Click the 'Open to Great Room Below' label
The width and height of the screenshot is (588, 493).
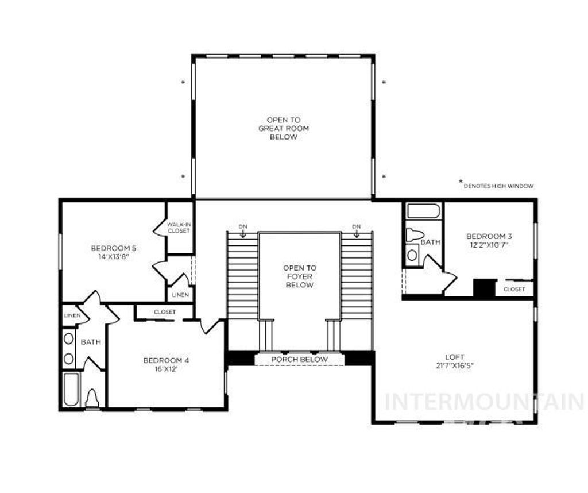tap(283, 129)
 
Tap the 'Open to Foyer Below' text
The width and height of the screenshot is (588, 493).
tap(299, 276)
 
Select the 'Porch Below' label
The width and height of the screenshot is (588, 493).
tap(300, 360)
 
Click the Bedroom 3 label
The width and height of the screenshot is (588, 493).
tap(489, 236)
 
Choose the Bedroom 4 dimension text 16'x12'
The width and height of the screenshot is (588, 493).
tap(165, 369)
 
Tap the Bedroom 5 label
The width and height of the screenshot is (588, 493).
tap(114, 248)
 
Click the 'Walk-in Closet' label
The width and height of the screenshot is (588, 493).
tap(179, 228)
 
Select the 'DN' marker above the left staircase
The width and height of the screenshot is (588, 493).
tap(243, 226)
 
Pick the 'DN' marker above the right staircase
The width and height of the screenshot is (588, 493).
tap(357, 226)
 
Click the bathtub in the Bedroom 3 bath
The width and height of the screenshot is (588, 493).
tap(424, 210)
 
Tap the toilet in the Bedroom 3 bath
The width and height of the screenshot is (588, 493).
tap(414, 235)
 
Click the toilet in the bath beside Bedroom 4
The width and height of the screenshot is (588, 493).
tap(92, 397)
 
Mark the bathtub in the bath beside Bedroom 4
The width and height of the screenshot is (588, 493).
tap(71, 390)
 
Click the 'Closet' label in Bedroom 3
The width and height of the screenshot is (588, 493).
tap(514, 289)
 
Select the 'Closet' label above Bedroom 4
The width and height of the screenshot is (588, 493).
tap(165, 312)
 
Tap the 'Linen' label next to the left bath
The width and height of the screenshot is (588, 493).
tap(72, 315)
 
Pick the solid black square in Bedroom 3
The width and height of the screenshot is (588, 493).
tap(484, 287)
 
